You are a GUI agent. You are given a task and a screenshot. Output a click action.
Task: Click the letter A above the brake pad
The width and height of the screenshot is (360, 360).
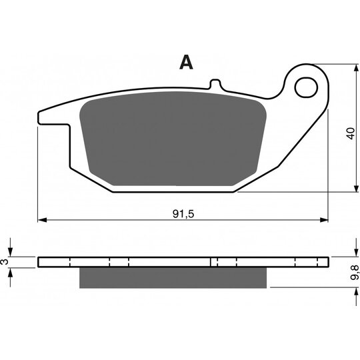tap(186, 62)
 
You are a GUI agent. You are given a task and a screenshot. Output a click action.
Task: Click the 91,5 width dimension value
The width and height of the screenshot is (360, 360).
tap(183, 214)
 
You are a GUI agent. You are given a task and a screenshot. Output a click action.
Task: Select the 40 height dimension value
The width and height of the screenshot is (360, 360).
tap(351, 133)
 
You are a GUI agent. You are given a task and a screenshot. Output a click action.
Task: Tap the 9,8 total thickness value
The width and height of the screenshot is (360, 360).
tap(355, 272)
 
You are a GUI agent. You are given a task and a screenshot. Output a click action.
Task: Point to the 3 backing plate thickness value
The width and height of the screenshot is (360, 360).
tap(5, 262)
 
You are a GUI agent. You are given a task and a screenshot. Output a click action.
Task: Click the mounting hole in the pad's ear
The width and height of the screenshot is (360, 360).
tap(306, 87)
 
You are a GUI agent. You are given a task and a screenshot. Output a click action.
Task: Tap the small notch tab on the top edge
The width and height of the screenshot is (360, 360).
tap(215, 83)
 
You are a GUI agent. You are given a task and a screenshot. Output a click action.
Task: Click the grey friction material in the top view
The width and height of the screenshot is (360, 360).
tap(173, 139)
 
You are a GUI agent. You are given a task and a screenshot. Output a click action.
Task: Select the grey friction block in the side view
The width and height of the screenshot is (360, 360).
tap(173, 277)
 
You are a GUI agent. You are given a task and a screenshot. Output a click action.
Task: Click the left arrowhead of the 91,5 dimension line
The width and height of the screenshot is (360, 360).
tap(42, 220)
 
